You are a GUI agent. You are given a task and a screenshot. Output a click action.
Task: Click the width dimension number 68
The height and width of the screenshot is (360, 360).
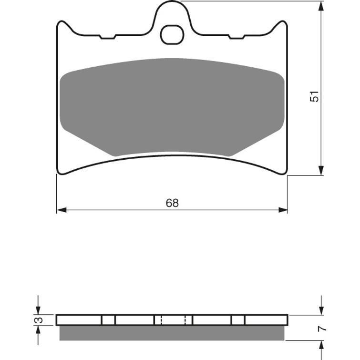tap(172, 203)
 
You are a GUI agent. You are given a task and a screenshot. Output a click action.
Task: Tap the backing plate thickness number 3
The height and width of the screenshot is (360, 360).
tap(41, 320)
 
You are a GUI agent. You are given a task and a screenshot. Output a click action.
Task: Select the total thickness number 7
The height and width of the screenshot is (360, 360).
tap(322, 328)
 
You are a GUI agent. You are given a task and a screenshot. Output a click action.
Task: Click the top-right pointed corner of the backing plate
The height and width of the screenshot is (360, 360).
tap(287, 22)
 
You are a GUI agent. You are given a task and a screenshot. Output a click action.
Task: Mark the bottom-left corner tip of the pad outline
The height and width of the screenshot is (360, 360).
tap(58, 173)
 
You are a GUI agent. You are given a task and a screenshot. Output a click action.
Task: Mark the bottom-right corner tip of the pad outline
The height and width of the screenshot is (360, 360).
tap(287, 173)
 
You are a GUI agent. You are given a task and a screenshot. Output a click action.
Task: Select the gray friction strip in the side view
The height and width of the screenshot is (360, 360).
tap(172, 333)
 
